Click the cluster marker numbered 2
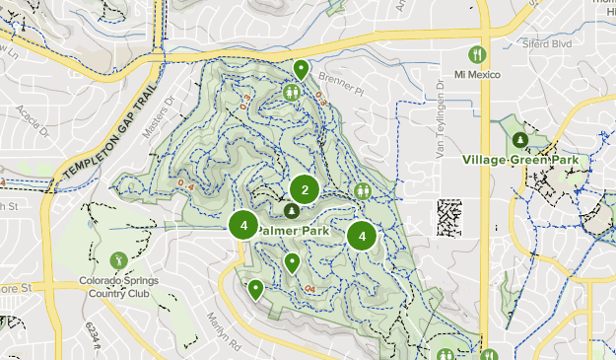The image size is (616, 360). click(x=306, y=189)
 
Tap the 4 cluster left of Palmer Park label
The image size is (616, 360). click(x=243, y=225)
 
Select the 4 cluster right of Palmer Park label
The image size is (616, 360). click(x=363, y=235)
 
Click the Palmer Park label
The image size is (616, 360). click(x=296, y=230)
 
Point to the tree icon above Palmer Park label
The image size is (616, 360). click(x=291, y=211)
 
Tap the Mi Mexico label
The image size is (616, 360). click(x=477, y=76)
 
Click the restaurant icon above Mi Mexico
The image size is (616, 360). click(x=477, y=54)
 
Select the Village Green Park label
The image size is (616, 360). click(x=519, y=158)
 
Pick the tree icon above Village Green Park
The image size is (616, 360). click(x=519, y=139)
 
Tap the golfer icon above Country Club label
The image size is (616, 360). click(x=118, y=260)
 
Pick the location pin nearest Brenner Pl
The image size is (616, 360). click(x=301, y=68)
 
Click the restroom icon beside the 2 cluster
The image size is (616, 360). click(x=364, y=190)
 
